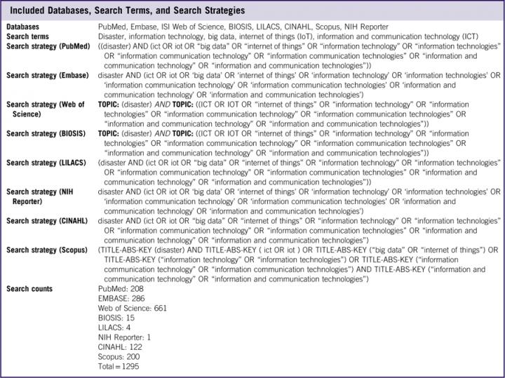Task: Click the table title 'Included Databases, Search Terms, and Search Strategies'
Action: tap(127, 11)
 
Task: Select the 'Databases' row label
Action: tap(23, 27)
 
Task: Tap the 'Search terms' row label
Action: tap(28, 36)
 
